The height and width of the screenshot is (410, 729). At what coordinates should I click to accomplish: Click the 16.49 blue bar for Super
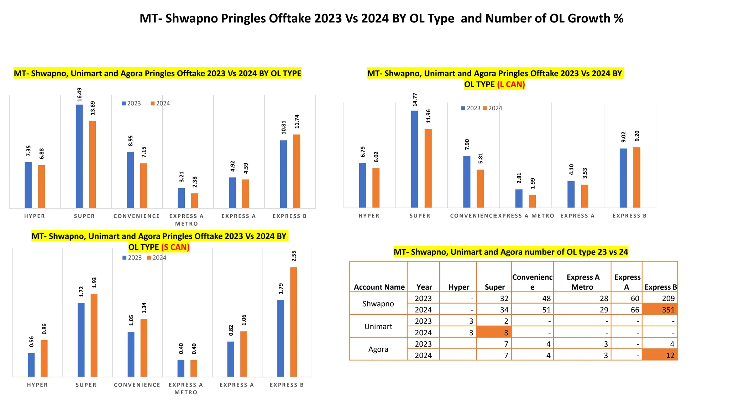pos(79,157)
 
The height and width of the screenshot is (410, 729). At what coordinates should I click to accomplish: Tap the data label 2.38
pos(195,182)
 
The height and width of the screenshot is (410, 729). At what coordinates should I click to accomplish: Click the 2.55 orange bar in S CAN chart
pos(294,322)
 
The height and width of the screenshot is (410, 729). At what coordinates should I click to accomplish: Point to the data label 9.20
pos(637,136)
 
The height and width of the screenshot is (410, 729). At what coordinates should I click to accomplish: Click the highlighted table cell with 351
pos(660,310)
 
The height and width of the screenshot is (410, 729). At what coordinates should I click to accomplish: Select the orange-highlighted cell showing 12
pos(660,355)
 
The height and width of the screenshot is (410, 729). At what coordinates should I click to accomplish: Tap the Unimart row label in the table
pos(378,326)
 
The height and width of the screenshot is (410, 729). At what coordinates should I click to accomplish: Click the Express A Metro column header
pos(582,282)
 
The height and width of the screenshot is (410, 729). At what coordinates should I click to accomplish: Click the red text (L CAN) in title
pos(511,84)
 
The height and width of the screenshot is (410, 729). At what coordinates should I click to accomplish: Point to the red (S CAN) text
pos(175,247)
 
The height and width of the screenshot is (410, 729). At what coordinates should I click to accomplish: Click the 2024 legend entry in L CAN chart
pos(493,108)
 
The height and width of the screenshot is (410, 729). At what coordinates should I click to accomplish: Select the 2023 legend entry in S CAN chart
pos(132,258)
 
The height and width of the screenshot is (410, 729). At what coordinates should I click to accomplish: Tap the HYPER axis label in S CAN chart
pos(37,385)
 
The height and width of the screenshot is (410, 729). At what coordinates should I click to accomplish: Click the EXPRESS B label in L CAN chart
pos(629,216)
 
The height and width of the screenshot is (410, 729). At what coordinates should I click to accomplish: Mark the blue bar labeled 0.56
pos(31,365)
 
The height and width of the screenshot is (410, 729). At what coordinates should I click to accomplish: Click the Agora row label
pos(378,349)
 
